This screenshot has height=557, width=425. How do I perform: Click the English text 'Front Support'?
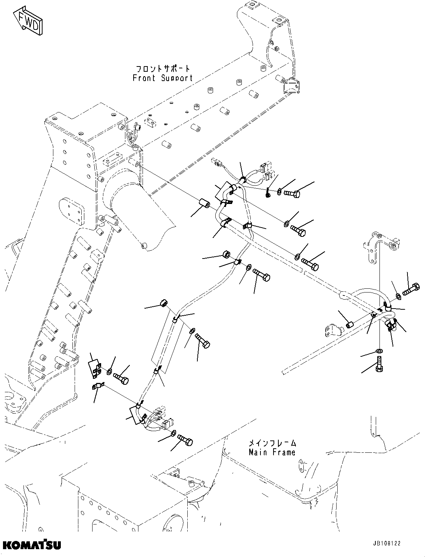163,78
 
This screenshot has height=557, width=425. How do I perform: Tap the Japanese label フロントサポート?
163,69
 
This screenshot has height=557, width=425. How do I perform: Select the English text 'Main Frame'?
272,452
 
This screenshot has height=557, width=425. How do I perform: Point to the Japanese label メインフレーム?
272,443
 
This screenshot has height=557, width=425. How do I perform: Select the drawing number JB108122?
386,544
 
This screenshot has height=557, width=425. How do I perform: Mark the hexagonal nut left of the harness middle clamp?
226,254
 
